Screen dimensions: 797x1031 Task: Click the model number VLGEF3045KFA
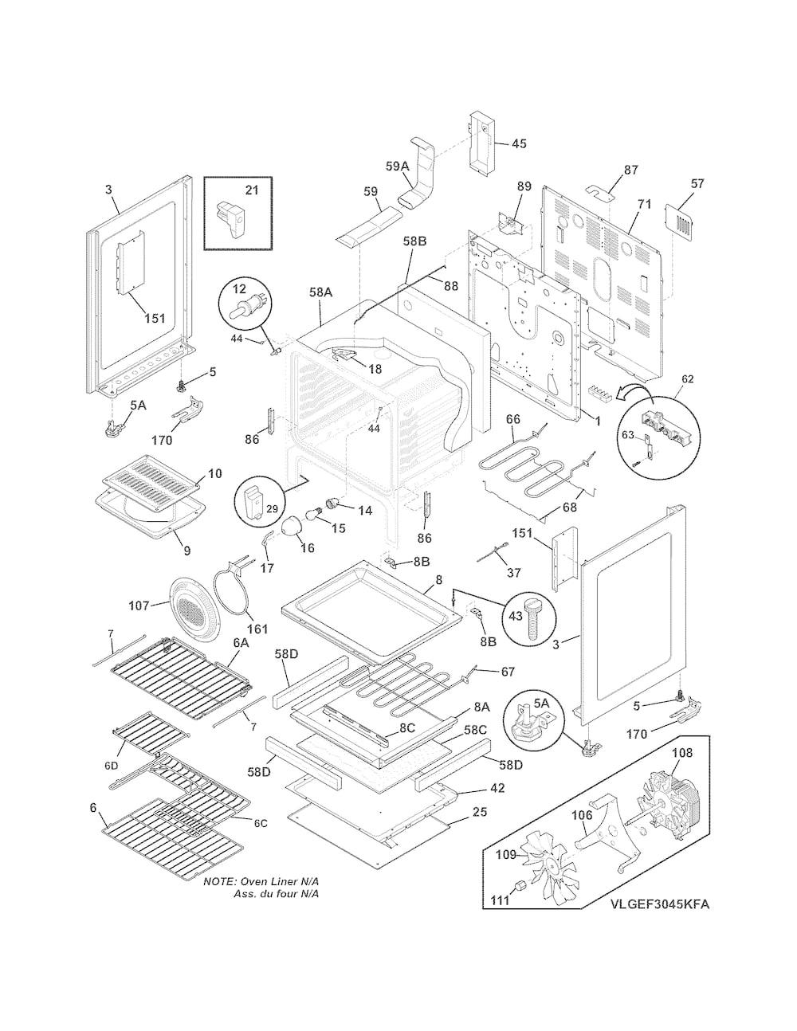660,918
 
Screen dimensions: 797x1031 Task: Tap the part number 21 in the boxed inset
252,190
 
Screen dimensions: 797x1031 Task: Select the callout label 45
519,143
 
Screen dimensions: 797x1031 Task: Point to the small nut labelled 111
520,886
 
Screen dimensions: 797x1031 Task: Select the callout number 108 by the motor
682,752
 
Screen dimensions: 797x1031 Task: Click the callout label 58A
321,292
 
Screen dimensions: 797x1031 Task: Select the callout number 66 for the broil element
512,419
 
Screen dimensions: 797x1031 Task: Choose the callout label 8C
406,728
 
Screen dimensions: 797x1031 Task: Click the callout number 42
497,788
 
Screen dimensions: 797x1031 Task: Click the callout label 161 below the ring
257,629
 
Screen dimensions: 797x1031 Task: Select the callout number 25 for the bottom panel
480,811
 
